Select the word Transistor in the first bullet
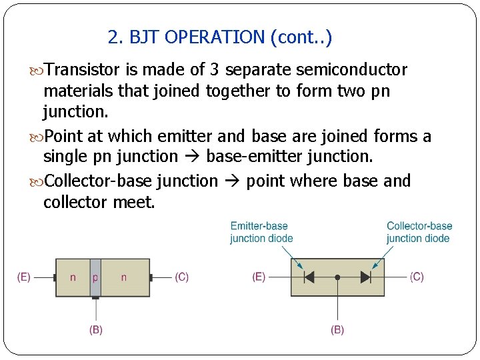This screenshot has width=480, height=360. [x=83, y=70]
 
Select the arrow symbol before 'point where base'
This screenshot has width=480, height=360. [x=232, y=181]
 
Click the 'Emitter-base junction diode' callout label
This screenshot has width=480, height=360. [x=262, y=232]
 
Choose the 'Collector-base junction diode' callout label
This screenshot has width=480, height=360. [x=419, y=232]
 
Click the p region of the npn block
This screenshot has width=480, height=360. [x=95, y=277]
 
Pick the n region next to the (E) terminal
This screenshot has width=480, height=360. [x=73, y=277]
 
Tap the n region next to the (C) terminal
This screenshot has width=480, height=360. [x=123, y=277]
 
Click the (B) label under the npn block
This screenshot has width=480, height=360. [x=96, y=329]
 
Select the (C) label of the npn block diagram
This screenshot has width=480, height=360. [x=181, y=277]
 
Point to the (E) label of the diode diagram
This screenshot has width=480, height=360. [x=259, y=277]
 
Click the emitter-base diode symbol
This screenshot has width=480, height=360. [x=309, y=277]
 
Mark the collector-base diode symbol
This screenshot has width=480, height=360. [x=365, y=277]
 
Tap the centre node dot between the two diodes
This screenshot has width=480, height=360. [x=337, y=277]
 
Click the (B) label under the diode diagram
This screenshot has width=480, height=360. [x=337, y=329]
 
